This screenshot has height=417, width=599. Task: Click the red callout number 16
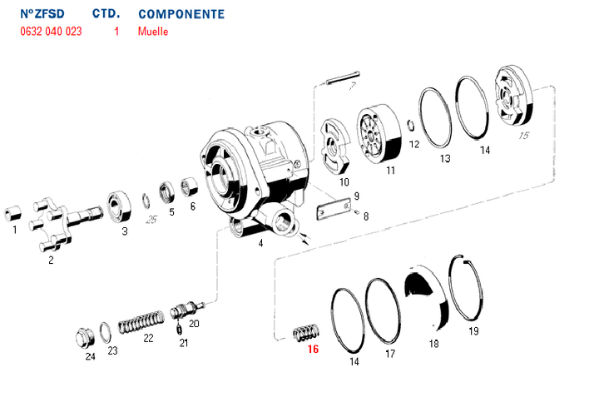[x=313, y=350]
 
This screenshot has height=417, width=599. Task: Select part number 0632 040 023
[x=51, y=32]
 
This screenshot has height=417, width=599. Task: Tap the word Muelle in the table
[x=153, y=32]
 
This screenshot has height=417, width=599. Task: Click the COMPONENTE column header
[x=181, y=14]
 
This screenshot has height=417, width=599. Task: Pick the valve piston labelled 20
[x=186, y=313]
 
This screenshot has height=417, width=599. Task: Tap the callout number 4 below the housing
[x=260, y=244]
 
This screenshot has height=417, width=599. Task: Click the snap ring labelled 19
[x=469, y=288]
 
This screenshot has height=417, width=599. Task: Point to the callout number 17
[x=389, y=353]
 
